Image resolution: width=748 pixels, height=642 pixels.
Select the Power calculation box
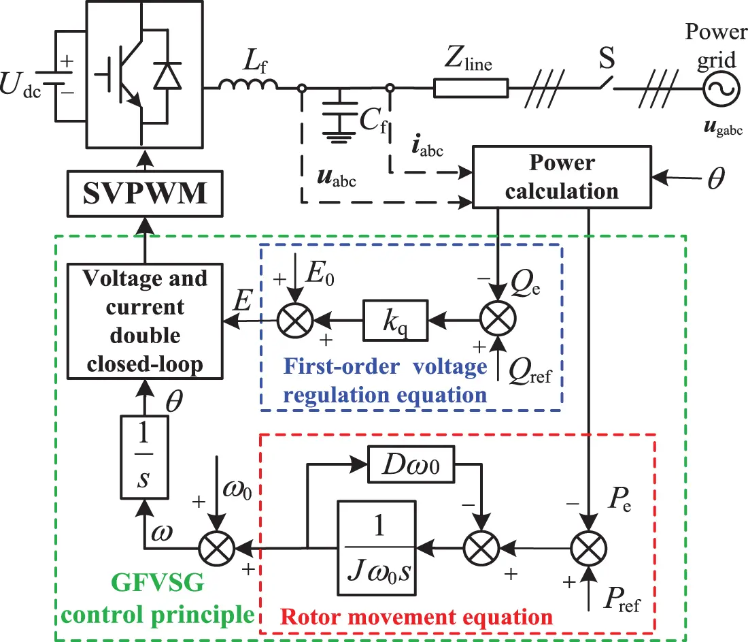561,177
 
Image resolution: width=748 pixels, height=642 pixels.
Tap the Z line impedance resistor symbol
471,88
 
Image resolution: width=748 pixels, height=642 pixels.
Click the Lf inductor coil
248,84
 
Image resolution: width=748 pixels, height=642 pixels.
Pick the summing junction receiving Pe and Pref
588,546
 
